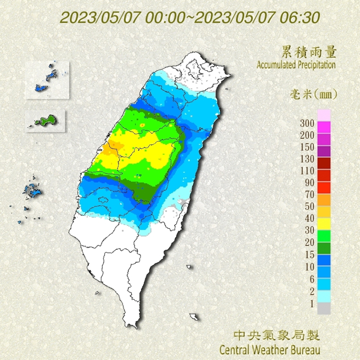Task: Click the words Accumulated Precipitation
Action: click(296, 65)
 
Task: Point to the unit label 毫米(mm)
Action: click(313, 94)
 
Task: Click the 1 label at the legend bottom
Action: click(311, 302)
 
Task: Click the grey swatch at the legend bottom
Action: click(324, 308)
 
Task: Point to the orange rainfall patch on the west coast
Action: click(114, 145)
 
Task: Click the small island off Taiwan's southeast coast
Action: click(194, 317)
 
